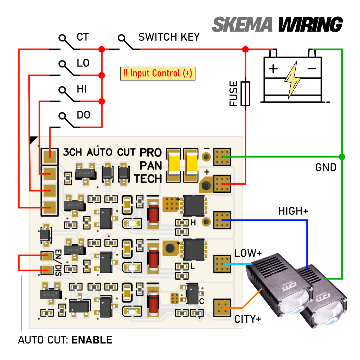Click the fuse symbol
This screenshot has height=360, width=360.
coord(245,94)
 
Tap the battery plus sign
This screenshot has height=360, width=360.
coord(273,68)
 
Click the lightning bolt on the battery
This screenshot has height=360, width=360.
coord(293,79)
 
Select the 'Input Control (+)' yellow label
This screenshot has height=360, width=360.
coord(158,73)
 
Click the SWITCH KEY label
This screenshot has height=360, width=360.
coord(169,37)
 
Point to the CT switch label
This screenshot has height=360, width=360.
coord(83,37)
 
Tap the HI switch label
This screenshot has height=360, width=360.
coord(82,89)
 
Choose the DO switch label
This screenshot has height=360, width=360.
coord(83,115)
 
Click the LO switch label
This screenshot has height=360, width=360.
coord(83,63)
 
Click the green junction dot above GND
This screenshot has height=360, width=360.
coord(342,156)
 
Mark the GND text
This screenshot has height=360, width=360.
coord(326,167)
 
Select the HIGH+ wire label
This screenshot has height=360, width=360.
coord(293,211)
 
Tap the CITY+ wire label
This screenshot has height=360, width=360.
coord(247,319)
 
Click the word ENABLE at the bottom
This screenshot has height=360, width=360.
coord(92,340)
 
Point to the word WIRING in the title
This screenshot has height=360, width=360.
coord(310,25)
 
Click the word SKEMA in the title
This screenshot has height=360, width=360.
coord(242,25)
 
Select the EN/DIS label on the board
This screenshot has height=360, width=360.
coord(58,262)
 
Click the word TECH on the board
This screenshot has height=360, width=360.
coord(148,178)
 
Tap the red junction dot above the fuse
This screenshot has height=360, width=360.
coord(245,49)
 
